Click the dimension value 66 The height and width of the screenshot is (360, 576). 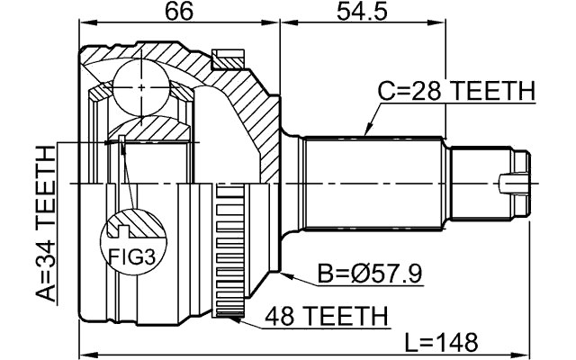(179, 14)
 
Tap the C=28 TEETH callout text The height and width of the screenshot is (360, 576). (455, 92)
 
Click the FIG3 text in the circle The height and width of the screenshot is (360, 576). (132, 257)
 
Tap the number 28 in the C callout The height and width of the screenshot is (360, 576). (419, 92)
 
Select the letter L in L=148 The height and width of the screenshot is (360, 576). (410, 342)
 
